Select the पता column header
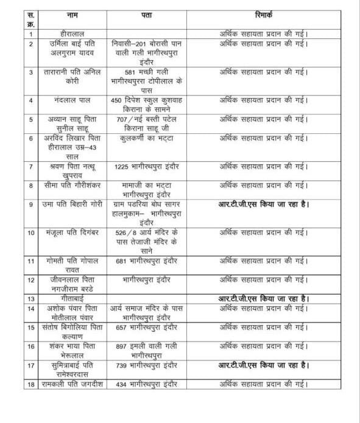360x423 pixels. (x=146, y=13)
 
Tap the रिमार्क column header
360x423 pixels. (x=264, y=13)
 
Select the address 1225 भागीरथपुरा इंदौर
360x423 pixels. (x=146, y=166)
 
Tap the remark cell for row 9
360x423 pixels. (x=264, y=205)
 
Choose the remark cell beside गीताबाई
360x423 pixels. (x=264, y=298)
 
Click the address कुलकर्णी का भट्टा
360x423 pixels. (x=146, y=138)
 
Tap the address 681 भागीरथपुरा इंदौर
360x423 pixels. (x=146, y=261)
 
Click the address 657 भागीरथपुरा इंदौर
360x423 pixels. (x=146, y=327)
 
